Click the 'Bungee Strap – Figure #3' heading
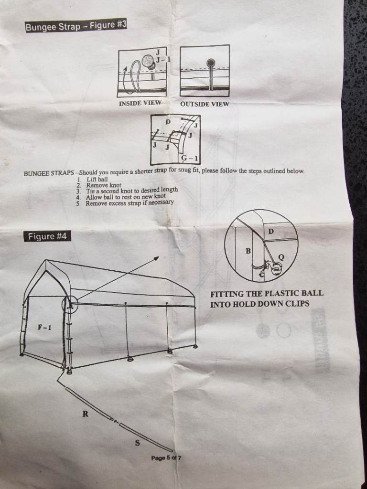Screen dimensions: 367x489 [76, 25]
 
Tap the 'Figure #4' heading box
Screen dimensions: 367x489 [47, 236]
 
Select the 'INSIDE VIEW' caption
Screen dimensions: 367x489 [140, 103]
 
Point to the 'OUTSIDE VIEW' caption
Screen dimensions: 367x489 [205, 104]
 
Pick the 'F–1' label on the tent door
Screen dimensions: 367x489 [44, 328]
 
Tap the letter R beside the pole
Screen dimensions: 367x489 [85, 414]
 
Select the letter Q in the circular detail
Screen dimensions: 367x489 [281, 257]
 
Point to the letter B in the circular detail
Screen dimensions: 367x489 [248, 250]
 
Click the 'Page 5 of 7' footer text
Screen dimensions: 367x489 [166, 458]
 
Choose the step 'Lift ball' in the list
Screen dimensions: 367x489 [97, 180]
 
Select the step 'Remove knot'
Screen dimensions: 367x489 [104, 185]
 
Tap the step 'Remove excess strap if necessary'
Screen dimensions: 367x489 [130, 202]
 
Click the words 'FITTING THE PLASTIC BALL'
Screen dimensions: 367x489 [267, 294]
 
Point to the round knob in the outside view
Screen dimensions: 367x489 [211, 62]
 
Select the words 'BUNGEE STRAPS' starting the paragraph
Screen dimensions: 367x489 [49, 173]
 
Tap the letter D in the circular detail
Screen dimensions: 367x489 [271, 232]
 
